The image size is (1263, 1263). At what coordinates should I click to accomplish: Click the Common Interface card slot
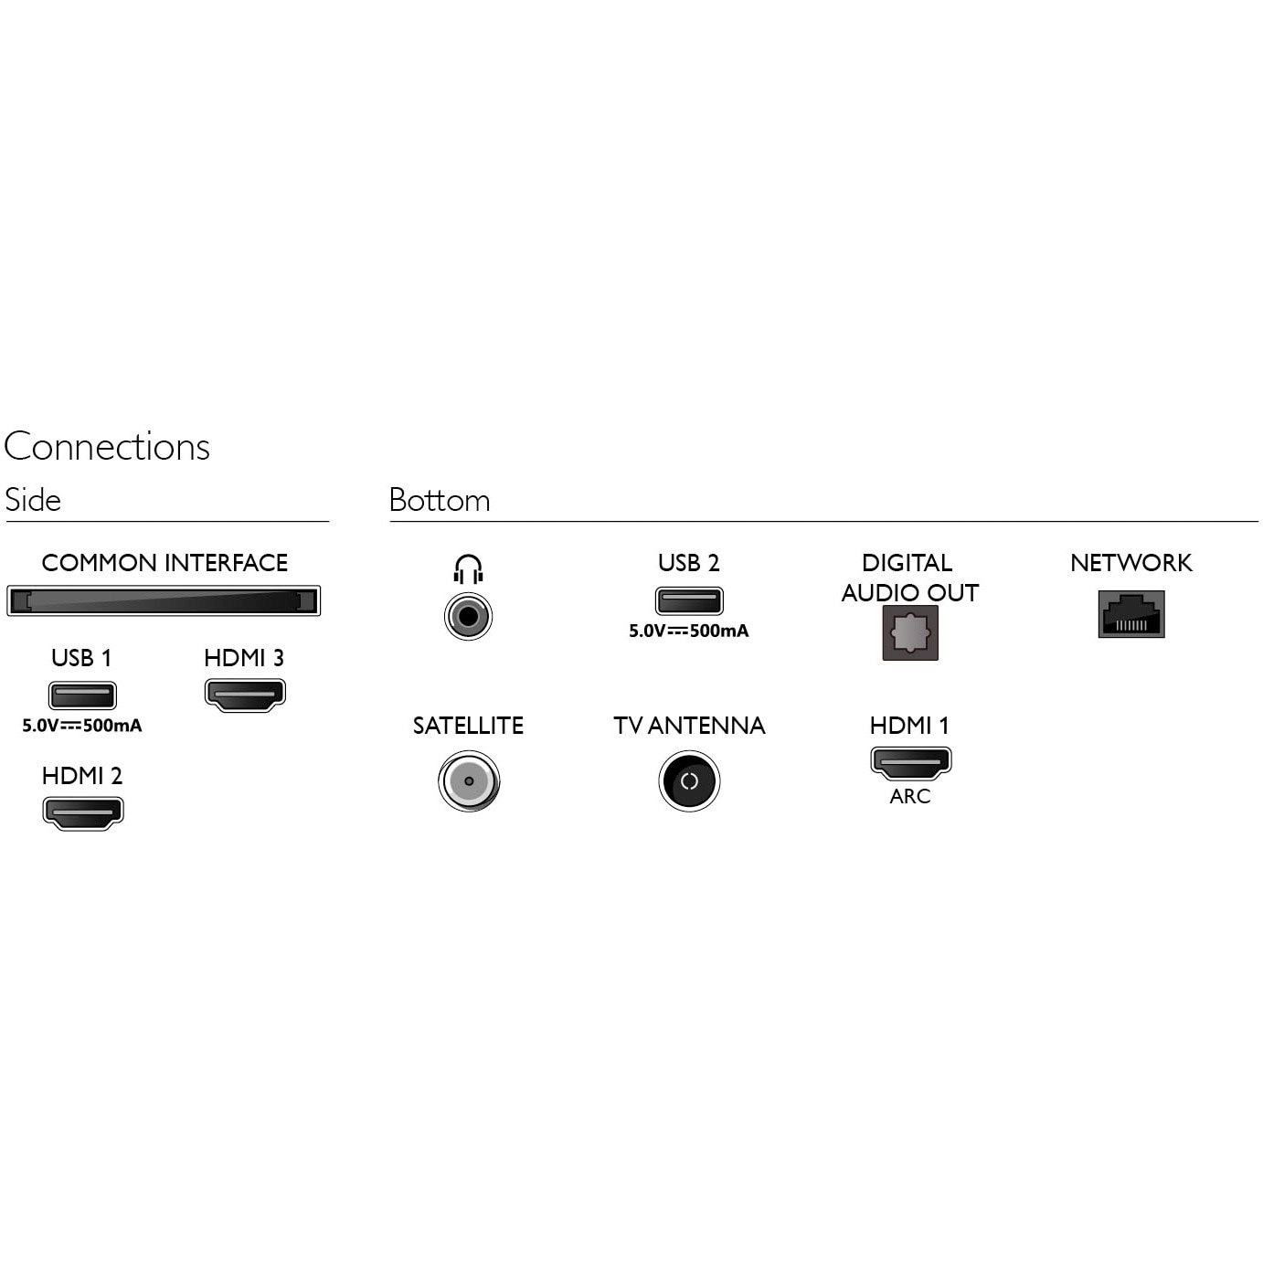tap(164, 600)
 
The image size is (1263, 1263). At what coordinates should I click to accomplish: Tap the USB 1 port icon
tap(82, 695)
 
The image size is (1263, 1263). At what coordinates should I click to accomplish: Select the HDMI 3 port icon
tap(245, 695)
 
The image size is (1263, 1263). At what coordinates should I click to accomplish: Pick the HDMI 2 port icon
tap(82, 812)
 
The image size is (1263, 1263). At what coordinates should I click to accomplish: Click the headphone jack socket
tap(468, 616)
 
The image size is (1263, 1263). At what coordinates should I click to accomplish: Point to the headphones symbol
tap(468, 569)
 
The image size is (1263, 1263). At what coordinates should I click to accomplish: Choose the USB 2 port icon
tap(689, 600)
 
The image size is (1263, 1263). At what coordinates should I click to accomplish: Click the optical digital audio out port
tap(909, 632)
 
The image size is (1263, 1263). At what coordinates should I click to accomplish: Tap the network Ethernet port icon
tap(1131, 614)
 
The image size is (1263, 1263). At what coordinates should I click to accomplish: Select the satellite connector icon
tap(469, 781)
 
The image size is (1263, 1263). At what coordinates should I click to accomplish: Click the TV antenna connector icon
tap(689, 781)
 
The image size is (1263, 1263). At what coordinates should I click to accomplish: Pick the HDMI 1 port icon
tap(910, 763)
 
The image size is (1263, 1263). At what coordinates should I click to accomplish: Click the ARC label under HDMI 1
tap(909, 796)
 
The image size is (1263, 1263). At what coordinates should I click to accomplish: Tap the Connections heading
tap(107, 447)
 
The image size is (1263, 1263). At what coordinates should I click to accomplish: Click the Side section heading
tap(33, 500)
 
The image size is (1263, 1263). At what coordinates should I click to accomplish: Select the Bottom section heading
tap(440, 500)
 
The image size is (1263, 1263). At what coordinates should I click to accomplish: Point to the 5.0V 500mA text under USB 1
tap(82, 726)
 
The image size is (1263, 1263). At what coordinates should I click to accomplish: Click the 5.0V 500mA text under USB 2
tap(689, 631)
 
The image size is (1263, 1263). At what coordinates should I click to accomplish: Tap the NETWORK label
tap(1131, 563)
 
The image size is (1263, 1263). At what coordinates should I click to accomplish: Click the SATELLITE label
tap(468, 726)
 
